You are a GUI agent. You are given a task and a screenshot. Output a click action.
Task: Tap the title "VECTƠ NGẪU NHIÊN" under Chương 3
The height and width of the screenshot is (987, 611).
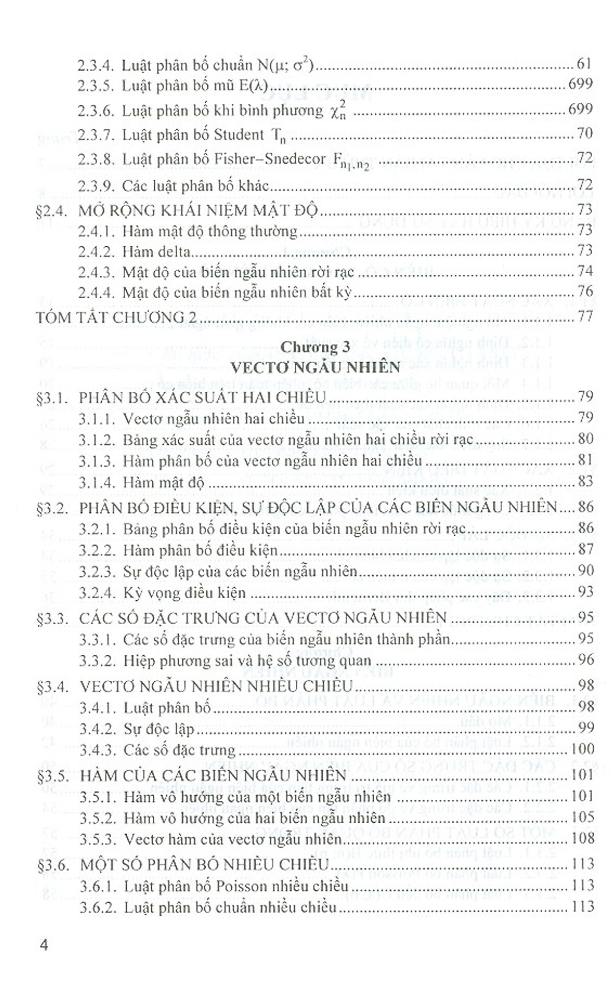(316, 367)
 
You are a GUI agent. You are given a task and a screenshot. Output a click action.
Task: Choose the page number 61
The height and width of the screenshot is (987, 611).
(585, 64)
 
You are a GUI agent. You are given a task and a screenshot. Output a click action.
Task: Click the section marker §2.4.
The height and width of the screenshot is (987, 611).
(52, 211)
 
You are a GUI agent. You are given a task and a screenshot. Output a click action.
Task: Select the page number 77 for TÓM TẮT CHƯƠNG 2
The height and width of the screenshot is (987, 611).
(586, 316)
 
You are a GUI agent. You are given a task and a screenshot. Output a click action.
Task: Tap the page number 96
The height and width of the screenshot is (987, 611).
(586, 660)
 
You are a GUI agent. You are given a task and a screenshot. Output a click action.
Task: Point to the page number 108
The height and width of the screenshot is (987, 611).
(583, 838)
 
